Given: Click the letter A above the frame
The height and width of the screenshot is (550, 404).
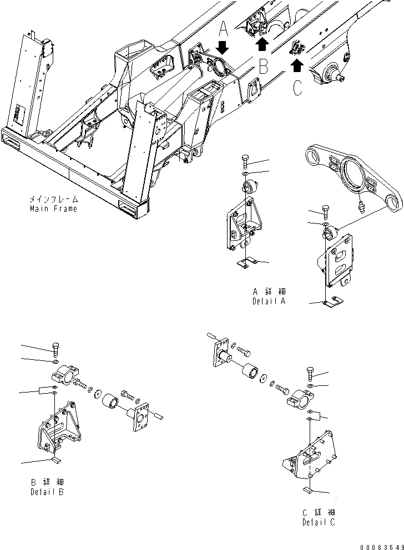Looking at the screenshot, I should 222,28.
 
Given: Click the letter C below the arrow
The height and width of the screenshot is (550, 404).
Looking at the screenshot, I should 298,87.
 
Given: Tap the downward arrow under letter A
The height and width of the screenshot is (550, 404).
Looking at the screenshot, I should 222,47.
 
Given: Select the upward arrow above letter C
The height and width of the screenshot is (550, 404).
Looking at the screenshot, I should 297,66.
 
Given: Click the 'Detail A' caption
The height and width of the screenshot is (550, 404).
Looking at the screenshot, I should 268,302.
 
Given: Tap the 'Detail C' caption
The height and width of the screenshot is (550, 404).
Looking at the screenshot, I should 319,522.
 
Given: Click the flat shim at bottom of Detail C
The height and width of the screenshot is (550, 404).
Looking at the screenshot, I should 308,490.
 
